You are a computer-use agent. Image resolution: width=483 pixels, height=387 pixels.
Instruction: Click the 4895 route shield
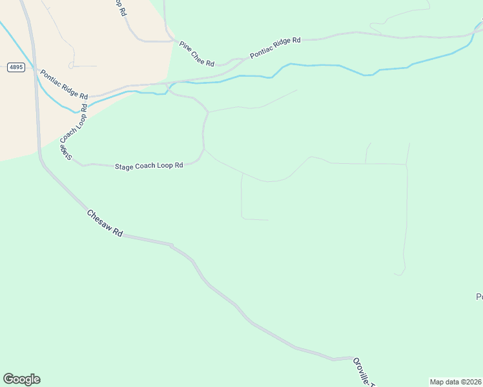(16, 67)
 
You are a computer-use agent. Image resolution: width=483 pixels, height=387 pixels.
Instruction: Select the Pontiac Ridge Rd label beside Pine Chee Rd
(276, 48)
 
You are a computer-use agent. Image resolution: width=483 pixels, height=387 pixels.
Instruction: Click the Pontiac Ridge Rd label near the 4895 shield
(64, 84)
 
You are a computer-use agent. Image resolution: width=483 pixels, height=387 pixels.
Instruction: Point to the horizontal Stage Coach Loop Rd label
(149, 166)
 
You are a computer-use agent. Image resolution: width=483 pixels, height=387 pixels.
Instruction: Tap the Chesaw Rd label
(105, 223)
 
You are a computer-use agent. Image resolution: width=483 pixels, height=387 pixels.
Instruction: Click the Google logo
(21, 379)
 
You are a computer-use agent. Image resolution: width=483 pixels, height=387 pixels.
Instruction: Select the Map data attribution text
(456, 381)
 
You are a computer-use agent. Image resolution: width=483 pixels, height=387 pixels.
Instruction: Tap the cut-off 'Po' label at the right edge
(479, 297)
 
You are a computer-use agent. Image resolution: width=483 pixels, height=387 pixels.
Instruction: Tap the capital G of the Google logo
(9, 379)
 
